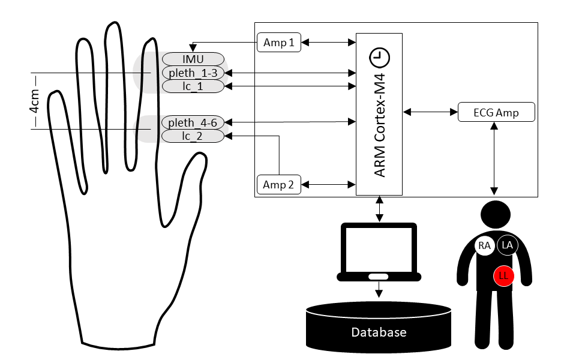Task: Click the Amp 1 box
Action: coord(279,43)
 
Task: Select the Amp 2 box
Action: coord(279,185)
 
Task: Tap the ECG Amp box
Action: coord(496,112)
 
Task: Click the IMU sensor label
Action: coord(193,59)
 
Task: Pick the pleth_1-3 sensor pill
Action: coord(193,73)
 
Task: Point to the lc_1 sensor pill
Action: coord(193,86)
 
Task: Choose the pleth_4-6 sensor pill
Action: coord(192,123)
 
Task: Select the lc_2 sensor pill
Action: coord(193,137)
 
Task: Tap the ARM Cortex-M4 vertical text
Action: coord(379,126)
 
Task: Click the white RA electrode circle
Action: coord(485,245)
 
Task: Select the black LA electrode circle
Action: coord(508,245)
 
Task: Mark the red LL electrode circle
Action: coord(503,276)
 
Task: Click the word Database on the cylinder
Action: coord(379,332)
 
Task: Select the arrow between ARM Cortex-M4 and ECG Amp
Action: coord(430,112)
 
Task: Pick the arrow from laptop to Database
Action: coord(379,290)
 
